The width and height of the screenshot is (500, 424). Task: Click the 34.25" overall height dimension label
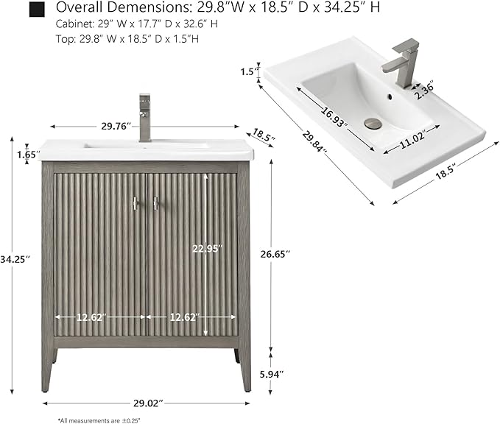15,259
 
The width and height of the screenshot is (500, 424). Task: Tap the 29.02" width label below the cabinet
148,403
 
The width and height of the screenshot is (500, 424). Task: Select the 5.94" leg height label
272,374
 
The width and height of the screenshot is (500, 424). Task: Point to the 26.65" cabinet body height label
275,254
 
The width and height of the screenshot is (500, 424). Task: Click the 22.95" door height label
207,248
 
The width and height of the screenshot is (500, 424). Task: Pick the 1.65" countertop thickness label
29,155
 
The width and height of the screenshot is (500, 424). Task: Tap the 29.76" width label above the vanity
116,127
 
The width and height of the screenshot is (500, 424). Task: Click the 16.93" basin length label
334,116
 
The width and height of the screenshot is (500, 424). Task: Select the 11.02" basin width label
412,140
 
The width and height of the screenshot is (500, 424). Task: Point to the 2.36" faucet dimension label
425,91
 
